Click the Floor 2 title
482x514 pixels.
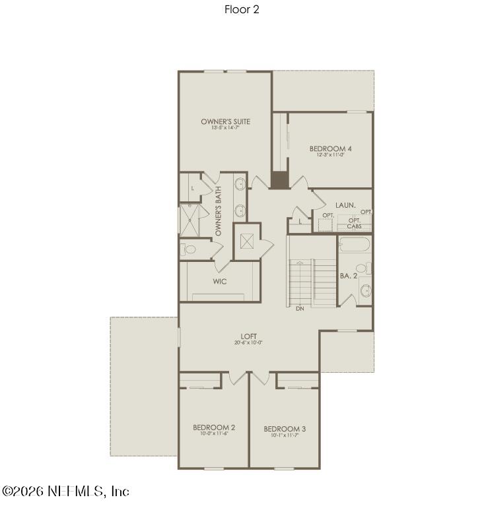tap(241, 10)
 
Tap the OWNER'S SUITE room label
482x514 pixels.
tap(225, 121)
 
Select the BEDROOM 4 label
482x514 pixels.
tap(330, 148)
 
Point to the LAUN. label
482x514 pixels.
tap(345, 206)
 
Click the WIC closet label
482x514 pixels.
tap(220, 281)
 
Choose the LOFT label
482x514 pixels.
tap(248, 337)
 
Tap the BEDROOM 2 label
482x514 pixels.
tap(214, 428)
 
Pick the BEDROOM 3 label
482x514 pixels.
tap(285, 429)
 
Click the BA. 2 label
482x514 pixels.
tap(349, 276)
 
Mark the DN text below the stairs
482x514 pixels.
tap(300, 308)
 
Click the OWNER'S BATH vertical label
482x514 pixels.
tap(219, 212)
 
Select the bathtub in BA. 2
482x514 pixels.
tap(355, 246)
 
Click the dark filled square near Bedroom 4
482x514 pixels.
tap(279, 180)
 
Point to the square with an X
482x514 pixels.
tap(248, 241)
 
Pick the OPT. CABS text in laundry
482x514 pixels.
tap(354, 223)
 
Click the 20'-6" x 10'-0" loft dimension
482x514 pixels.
tap(248, 343)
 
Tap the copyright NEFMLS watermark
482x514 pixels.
tap(65, 492)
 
